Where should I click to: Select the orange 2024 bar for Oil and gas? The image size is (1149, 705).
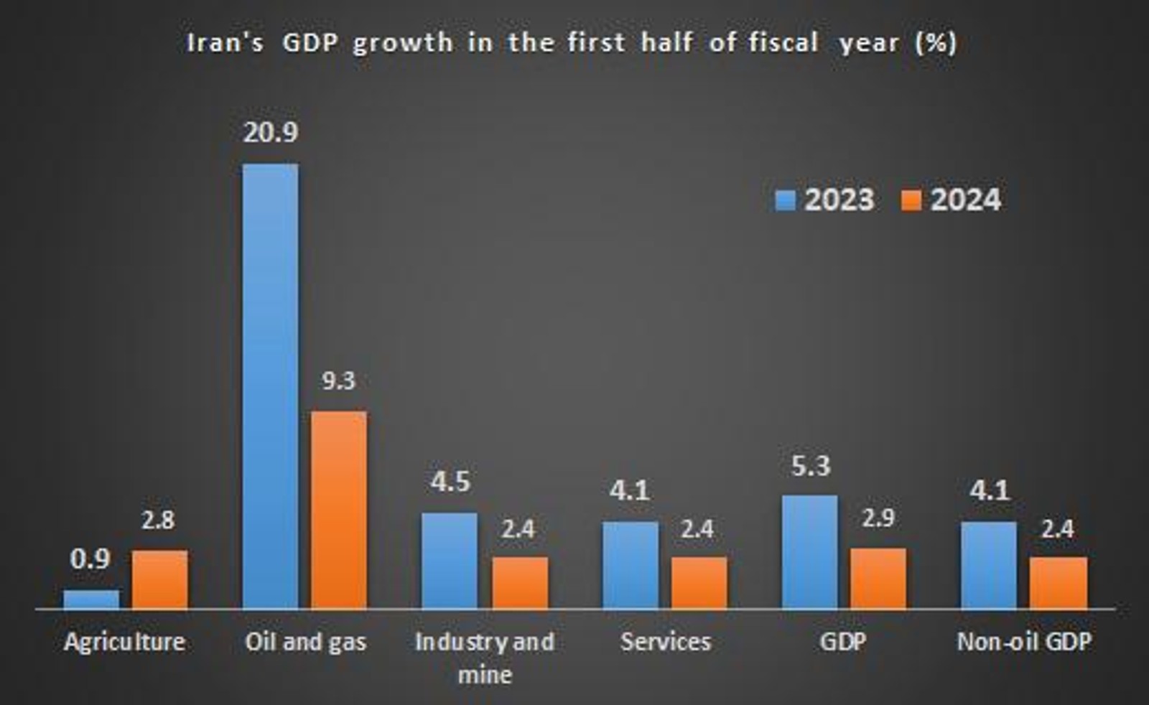(x=338, y=510)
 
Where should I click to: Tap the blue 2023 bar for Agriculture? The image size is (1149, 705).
(x=91, y=599)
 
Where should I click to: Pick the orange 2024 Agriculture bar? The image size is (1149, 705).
(x=159, y=579)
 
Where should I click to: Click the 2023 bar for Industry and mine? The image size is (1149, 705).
(x=449, y=561)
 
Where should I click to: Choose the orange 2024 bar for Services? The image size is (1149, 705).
(x=699, y=582)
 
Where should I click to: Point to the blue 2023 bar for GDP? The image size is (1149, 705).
(x=809, y=552)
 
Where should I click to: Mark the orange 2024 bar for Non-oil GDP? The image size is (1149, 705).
(x=1058, y=582)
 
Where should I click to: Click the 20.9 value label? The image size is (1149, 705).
(x=270, y=132)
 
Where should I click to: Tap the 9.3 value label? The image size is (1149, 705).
(x=338, y=380)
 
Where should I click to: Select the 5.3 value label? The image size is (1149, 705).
(x=811, y=467)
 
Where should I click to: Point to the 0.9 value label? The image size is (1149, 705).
(x=90, y=559)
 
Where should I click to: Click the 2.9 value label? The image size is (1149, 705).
(x=878, y=518)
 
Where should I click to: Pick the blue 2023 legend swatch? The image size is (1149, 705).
(x=786, y=200)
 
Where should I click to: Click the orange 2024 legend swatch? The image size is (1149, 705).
(x=911, y=200)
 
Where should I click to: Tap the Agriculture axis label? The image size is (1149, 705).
(x=124, y=642)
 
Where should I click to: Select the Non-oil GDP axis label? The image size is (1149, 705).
(x=1024, y=642)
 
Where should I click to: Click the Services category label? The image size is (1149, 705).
(x=666, y=642)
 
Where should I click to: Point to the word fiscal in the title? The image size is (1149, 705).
(x=783, y=43)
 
